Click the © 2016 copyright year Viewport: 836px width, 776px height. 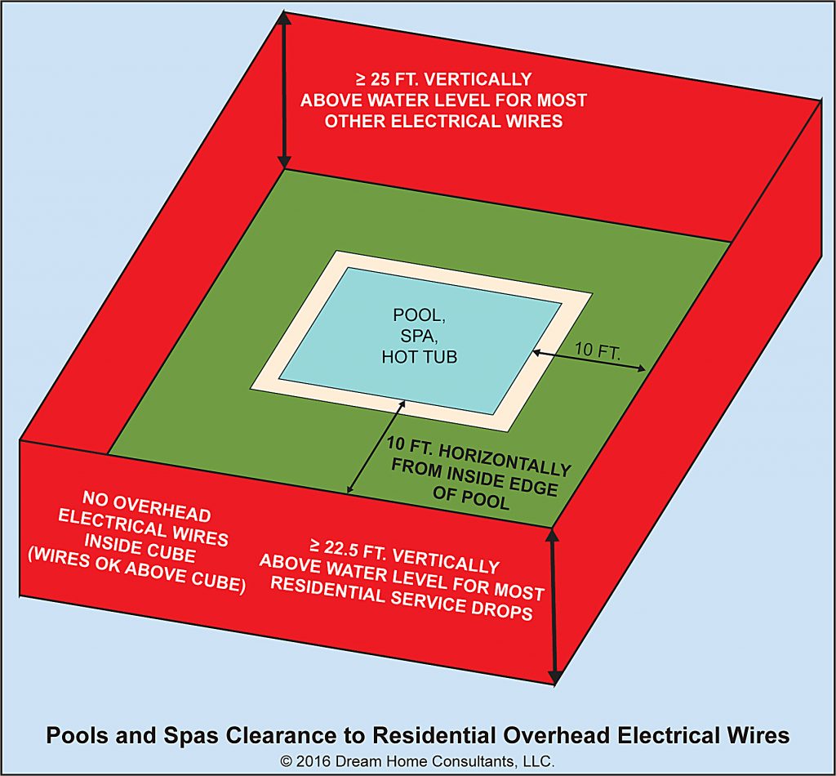[308, 760]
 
